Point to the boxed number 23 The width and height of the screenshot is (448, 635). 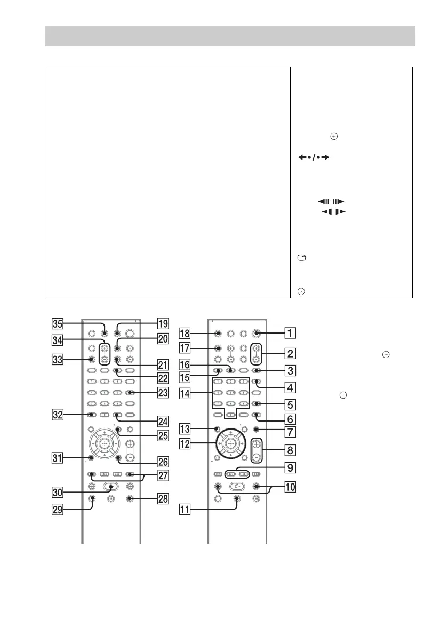click(163, 393)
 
